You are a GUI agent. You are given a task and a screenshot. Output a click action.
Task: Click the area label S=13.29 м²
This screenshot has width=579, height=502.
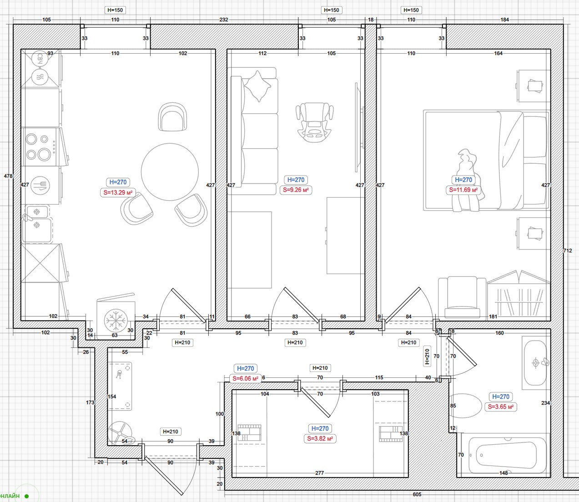[118, 193]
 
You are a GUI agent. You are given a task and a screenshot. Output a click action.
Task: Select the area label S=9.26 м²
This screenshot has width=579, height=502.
[296, 190]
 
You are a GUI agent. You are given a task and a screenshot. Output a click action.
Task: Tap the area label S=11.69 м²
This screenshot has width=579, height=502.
[463, 190]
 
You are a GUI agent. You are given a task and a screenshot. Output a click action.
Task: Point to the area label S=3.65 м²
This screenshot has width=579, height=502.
[501, 407]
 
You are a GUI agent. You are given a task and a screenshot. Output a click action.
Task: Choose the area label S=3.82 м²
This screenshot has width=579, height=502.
[320, 439]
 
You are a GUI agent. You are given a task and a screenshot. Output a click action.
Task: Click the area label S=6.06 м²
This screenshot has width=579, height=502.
[245, 378]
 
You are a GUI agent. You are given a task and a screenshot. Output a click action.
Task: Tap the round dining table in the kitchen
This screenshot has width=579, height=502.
[170, 172]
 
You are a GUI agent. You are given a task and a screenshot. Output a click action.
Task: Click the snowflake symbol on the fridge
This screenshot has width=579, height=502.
[116, 321]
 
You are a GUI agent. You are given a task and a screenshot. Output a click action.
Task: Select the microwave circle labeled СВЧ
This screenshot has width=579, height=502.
[40, 59]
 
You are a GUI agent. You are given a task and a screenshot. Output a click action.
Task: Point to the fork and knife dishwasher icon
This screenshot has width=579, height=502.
[40, 186]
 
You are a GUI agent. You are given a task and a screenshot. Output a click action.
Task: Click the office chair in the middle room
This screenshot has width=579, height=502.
[314, 122]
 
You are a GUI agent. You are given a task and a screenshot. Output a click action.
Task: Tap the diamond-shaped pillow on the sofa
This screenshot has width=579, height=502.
[257, 86]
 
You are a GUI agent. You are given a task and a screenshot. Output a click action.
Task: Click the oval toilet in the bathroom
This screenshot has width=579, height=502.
[466, 406]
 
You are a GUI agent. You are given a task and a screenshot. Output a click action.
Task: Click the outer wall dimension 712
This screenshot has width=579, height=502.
[567, 251]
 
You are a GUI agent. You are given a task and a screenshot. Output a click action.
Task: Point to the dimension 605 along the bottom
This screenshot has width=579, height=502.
[417, 494]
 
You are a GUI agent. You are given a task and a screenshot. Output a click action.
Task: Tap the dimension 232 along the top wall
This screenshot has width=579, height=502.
[224, 20]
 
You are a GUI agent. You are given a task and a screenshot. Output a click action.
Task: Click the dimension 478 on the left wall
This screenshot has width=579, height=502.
[8, 176]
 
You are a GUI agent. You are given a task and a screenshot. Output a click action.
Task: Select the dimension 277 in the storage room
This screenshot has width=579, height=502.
[319, 473]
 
